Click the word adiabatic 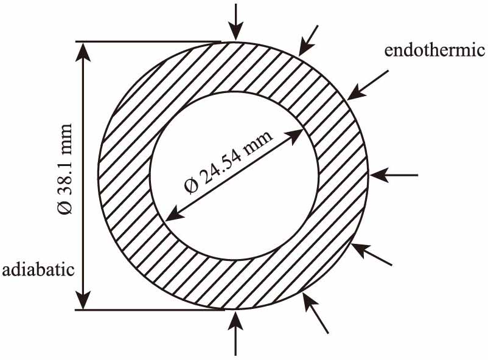tap(38, 268)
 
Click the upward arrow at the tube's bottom tap(236, 331)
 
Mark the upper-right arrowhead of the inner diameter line tap(298, 134)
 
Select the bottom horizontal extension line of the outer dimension tap(149, 310)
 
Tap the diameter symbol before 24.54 tap(190, 185)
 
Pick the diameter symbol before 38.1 tap(65, 207)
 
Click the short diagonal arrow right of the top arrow tap(309, 39)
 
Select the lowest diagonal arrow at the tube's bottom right tap(316, 314)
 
